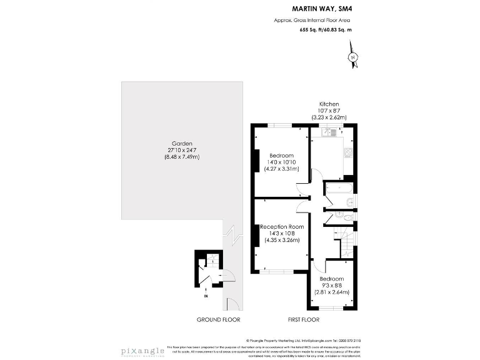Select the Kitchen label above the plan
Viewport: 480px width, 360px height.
(x=329, y=104)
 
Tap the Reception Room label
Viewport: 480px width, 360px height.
(x=282, y=226)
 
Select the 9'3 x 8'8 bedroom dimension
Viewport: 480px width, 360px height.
(x=331, y=285)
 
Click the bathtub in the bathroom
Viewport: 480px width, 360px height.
(x=337, y=189)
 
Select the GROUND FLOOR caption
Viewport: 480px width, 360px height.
(x=218, y=319)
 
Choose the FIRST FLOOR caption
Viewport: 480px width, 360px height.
(x=303, y=319)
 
